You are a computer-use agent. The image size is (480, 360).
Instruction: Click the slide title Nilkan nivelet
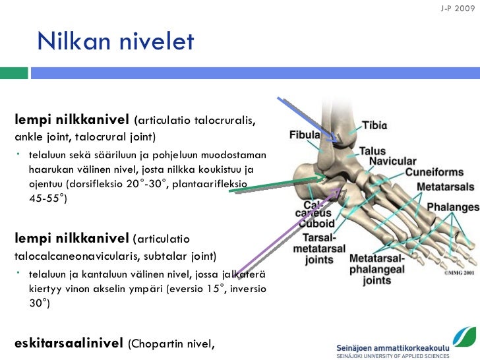115,42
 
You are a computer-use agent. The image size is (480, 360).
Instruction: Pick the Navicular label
392,162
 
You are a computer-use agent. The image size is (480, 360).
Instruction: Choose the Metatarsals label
445,187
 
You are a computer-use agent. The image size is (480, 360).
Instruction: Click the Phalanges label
452,207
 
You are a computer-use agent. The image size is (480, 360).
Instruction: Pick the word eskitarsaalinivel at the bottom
69,343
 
